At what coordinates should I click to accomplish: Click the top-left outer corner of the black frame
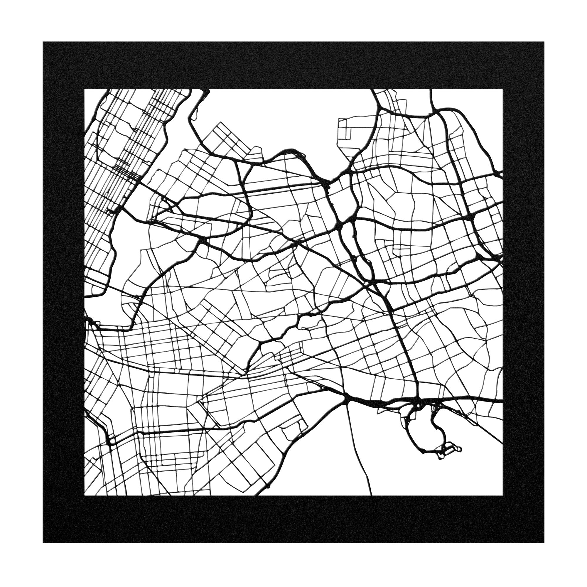[43, 42]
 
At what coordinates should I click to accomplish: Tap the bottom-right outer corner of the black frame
[544, 543]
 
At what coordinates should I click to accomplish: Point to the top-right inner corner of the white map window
[502, 89]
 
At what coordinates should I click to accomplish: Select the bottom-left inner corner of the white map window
[85, 495]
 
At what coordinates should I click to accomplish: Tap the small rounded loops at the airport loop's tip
[454, 449]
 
